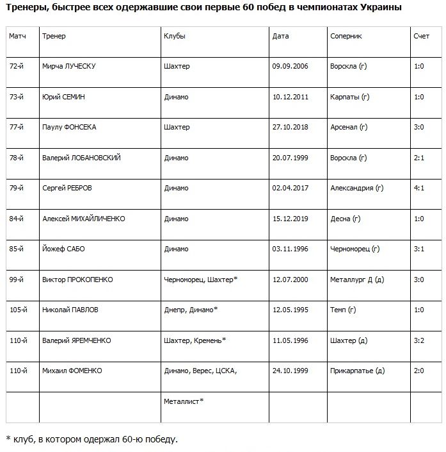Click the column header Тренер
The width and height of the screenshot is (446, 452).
point(54,37)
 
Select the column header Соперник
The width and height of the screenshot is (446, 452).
point(346,37)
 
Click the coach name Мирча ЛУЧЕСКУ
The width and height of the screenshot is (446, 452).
point(68,67)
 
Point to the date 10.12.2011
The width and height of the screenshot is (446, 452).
point(290,97)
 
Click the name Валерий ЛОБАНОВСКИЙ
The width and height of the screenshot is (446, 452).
point(81,158)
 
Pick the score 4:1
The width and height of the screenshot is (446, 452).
point(419,188)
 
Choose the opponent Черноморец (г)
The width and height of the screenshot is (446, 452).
point(355,249)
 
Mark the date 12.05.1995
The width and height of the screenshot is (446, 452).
point(290,310)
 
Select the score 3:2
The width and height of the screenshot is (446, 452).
point(419,340)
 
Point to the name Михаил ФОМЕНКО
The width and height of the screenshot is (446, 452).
point(72,371)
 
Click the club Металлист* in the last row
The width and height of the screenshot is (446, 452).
point(184,401)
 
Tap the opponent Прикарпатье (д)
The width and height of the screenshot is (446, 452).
point(357,371)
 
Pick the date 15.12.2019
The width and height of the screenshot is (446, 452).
point(290,219)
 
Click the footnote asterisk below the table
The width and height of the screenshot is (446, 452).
point(8,439)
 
